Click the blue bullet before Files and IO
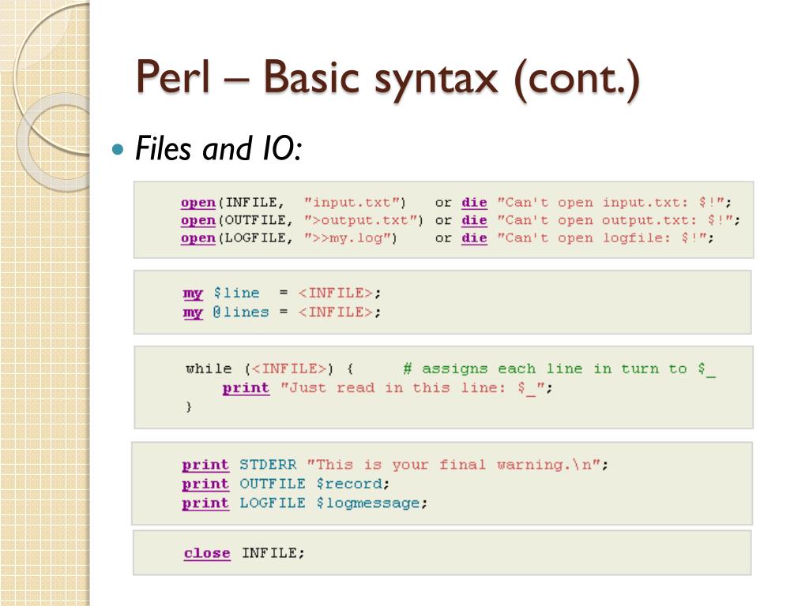pos(119,149)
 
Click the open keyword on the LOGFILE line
pos(198,238)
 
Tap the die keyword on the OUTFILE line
pos(474,220)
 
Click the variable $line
pos(236,293)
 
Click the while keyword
pos(209,368)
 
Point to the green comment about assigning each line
pos(559,368)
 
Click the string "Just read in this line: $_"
pos(412,387)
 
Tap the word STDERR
pos(268,465)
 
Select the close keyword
pos(207,553)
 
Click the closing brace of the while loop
pos(189,406)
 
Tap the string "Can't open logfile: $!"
pos(604,238)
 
